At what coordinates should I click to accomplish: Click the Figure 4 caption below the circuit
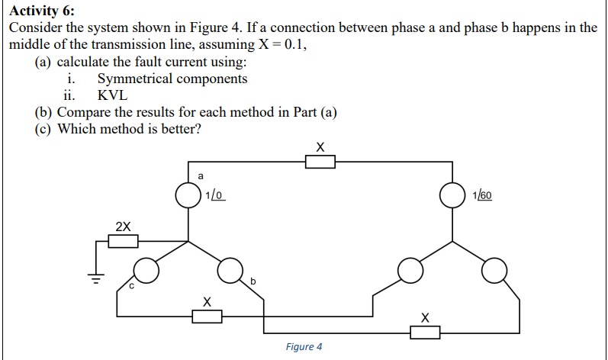[304, 347]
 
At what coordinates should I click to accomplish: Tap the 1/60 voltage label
[482, 195]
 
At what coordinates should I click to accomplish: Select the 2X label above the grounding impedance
[123, 227]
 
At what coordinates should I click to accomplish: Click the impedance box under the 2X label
[123, 242]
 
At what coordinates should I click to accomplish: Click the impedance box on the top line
[320, 161]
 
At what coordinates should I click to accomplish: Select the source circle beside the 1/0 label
[188, 195]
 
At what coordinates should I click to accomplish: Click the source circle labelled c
[146, 269]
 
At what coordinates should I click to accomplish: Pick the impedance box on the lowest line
[426, 332]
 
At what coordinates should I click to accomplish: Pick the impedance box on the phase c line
[206, 316]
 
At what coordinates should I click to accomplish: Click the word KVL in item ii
[113, 95]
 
